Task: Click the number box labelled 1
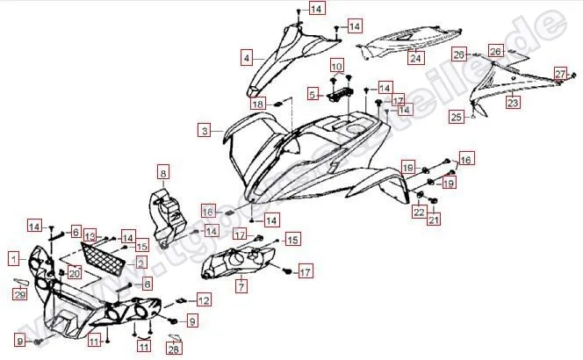(13, 258)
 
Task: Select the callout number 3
(205, 131)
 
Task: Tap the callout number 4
(247, 58)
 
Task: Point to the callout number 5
(312, 93)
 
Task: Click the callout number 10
(337, 67)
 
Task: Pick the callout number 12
(204, 300)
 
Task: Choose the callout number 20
(74, 273)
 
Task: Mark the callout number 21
(434, 220)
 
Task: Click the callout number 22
(419, 211)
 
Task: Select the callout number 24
(415, 59)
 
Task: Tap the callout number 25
(457, 116)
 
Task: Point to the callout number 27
(559, 73)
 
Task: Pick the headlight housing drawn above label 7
(237, 261)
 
